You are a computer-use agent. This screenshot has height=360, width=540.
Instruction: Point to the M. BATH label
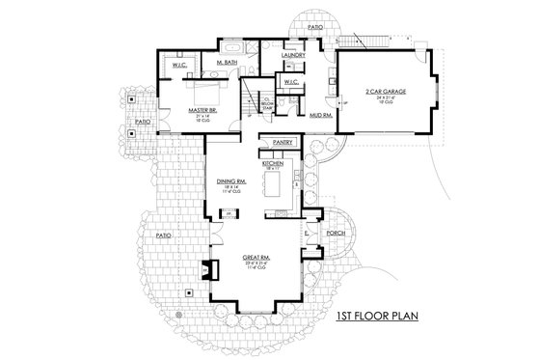point(228,63)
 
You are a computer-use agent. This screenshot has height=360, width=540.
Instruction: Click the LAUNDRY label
point(293,56)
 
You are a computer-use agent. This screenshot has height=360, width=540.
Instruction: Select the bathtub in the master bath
point(235,45)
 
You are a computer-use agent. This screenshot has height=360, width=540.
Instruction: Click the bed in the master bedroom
point(202,93)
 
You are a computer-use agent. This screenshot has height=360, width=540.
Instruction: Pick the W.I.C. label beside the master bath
point(179,65)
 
